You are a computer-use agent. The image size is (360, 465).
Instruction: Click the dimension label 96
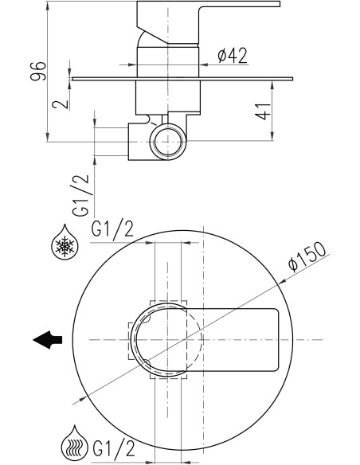pos(38,71)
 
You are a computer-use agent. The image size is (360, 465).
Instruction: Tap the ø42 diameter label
pos(233,56)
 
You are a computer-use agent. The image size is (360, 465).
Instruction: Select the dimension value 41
pos(264,111)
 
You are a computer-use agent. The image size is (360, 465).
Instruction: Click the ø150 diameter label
pos(307,257)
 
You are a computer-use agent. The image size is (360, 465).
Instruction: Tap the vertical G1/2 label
pos(80,195)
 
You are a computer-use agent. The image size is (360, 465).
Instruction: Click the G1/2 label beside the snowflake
pos(112,229)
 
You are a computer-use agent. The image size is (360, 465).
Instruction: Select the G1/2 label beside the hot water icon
pos(114,448)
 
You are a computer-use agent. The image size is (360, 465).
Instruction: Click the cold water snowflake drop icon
pos(65,242)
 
